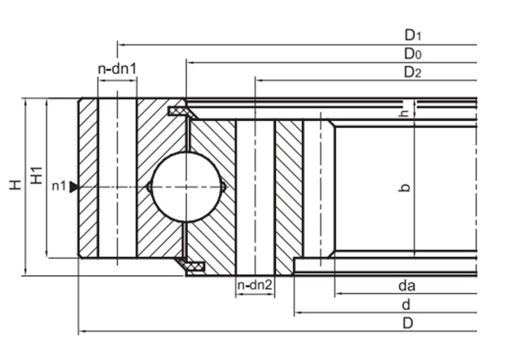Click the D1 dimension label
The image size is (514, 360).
coord(413,35)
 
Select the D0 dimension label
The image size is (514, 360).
coord(413,53)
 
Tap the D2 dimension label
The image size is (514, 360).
coord(413,72)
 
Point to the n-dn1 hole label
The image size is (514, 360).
coord(117,69)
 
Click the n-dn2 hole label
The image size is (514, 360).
coord(255,285)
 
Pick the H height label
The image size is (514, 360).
coord(15,185)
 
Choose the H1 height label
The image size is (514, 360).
coord(36,175)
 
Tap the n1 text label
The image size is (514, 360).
coord(59,186)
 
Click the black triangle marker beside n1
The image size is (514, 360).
coord(74,187)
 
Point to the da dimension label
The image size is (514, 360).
coord(407,286)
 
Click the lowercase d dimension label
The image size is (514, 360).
coord(406,304)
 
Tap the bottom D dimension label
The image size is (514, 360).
coord(408,323)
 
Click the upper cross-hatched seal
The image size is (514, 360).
coord(180,111)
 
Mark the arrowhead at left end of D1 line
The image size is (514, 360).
coord(120,44)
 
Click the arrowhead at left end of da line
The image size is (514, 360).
coord(338,293)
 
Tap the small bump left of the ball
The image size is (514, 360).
coord(149,187)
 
